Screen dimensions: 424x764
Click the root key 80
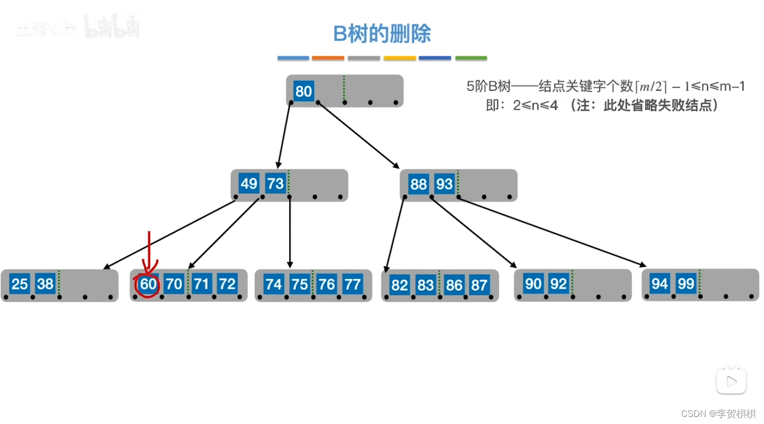(303, 91)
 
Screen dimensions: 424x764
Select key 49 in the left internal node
(249, 184)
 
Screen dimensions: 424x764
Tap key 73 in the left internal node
(275, 184)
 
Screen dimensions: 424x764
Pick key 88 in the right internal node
(418, 184)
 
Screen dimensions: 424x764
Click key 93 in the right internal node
(444, 184)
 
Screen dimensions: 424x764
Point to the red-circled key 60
(148, 284)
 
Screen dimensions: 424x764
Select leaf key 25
(20, 284)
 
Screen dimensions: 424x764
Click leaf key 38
(45, 284)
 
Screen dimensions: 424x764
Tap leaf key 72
(227, 284)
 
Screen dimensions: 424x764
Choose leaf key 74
(274, 284)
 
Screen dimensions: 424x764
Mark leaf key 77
(352, 284)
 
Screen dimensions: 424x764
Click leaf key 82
(400, 285)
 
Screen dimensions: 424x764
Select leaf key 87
(479, 285)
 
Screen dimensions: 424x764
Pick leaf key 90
(533, 284)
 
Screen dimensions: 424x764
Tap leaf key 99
(686, 284)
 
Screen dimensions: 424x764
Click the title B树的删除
(382, 34)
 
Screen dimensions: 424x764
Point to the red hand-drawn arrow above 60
(148, 250)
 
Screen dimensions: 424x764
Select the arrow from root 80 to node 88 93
(359, 134)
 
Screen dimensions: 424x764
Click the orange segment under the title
(328, 58)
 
